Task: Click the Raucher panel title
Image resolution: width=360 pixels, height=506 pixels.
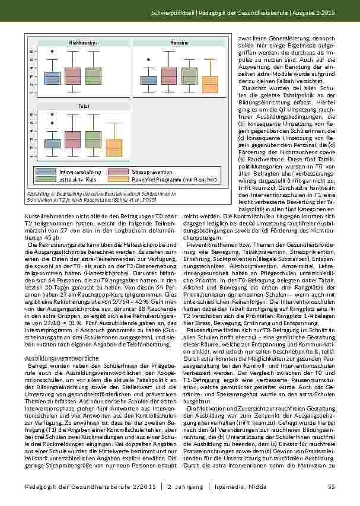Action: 179,43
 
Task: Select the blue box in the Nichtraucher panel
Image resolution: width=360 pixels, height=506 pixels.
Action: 53,78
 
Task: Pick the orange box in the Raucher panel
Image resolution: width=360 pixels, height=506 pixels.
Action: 211,84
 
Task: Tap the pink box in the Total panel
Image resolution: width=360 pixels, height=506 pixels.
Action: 73,139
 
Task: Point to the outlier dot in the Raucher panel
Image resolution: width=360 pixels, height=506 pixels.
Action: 149,59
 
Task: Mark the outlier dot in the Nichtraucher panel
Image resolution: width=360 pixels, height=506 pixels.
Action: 53,51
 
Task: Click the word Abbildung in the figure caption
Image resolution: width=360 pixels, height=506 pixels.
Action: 39,194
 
